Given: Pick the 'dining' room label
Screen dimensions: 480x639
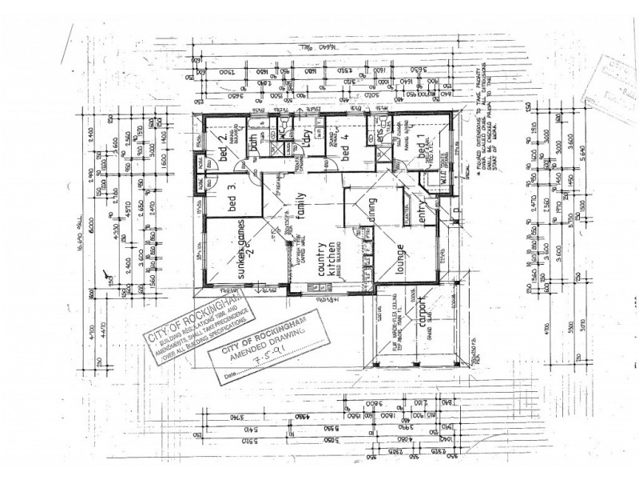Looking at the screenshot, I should [x=372, y=212].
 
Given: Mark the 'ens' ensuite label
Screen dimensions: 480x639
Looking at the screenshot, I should [x=380, y=138].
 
